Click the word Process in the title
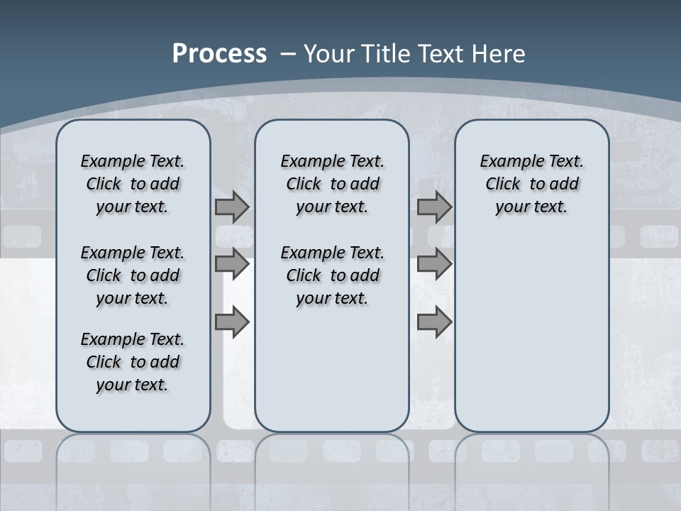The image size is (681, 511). tap(219, 54)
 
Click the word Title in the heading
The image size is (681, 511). tap(387, 54)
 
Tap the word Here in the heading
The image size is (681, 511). tap(499, 54)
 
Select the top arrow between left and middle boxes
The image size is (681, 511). tap(232, 207)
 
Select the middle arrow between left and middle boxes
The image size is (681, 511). tap(232, 264)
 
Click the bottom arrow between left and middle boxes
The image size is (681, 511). tap(232, 322)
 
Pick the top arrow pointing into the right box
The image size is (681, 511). tap(434, 207)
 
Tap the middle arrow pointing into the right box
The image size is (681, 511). tap(434, 264)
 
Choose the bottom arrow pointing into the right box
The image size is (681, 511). tap(434, 322)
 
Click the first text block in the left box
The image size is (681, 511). tap(133, 184)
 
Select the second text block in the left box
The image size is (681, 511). tap(133, 275)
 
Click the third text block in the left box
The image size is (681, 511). tap(133, 362)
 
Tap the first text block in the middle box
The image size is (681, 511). tap(332, 184)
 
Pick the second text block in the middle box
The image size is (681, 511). tap(332, 275)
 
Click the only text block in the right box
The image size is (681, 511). tap(531, 184)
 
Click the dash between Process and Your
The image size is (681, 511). tap(289, 54)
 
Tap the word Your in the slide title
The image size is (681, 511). tap(329, 54)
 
